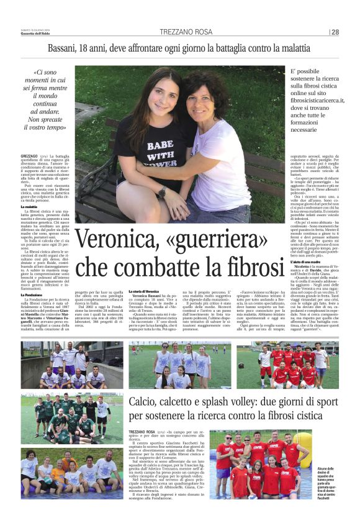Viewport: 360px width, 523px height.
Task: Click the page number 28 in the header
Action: (335, 32)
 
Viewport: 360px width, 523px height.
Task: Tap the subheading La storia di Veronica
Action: (144, 291)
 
